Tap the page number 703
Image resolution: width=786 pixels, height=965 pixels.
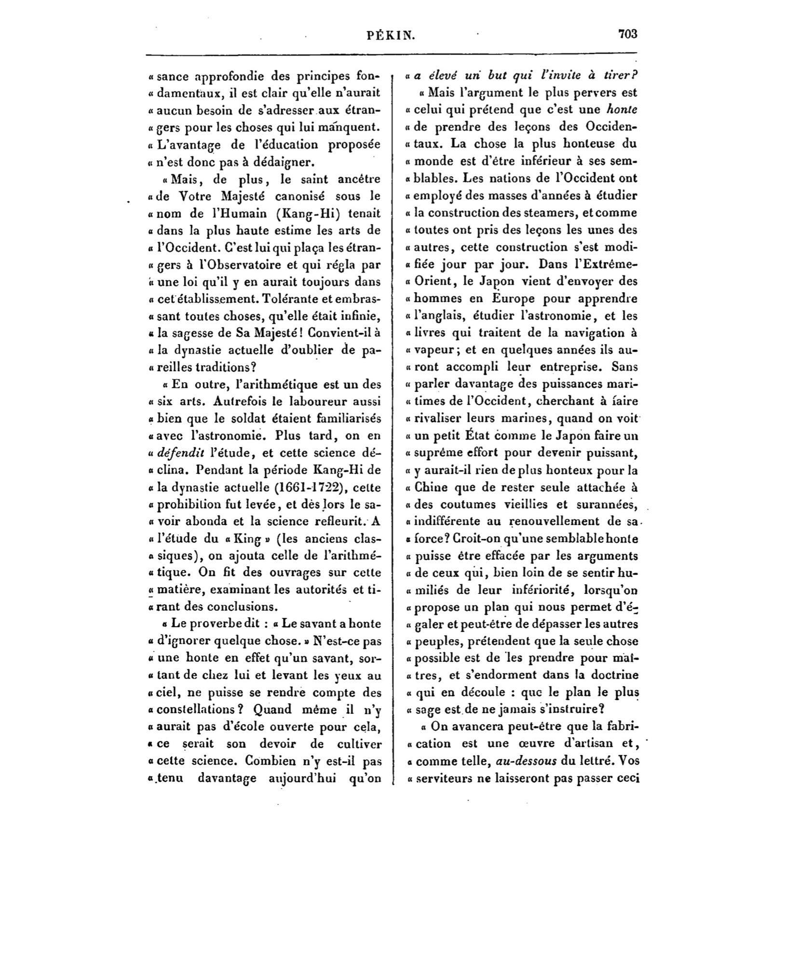[x=627, y=34]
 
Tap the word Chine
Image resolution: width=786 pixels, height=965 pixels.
[x=431, y=487]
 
